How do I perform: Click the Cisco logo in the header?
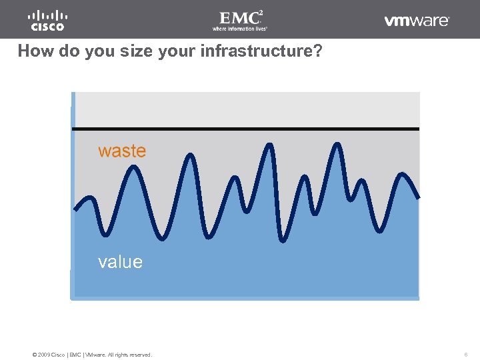pos(47,21)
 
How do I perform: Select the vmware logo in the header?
pos(417,21)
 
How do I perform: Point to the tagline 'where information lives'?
pos(239,29)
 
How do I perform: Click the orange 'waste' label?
pos(121,151)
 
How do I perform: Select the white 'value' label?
pos(120,262)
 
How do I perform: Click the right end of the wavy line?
pos(419,198)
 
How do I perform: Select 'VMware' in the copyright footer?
pos(97,355)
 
